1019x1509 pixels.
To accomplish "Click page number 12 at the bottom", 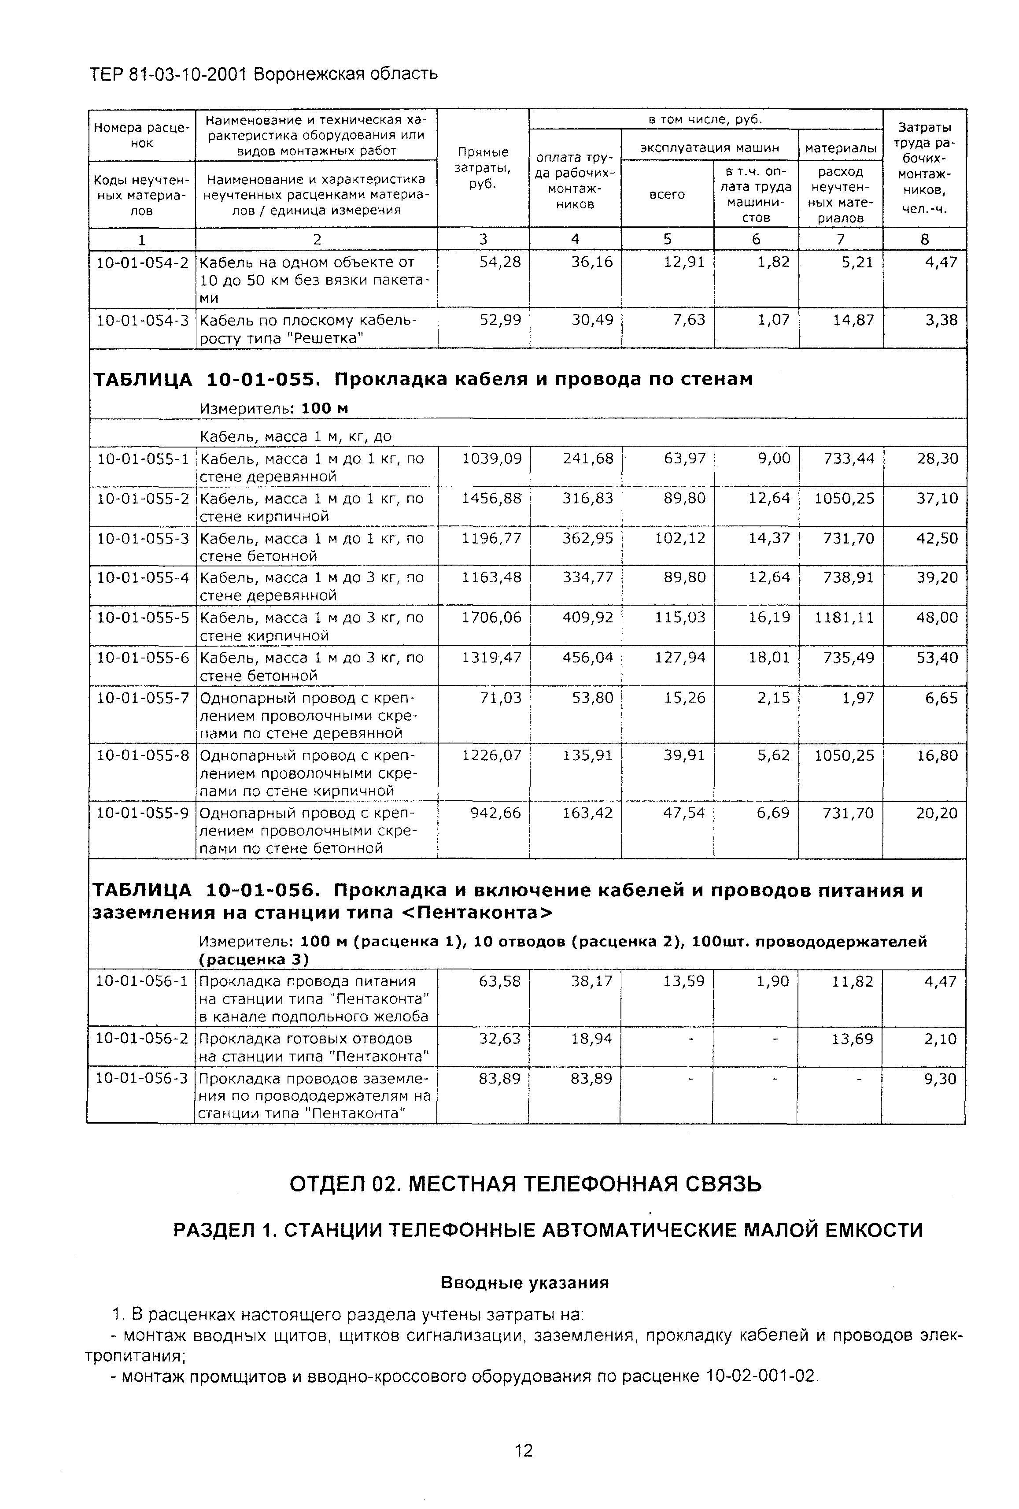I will point(523,1450).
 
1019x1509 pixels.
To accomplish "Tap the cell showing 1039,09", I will point(491,459).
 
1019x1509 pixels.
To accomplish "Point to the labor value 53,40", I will point(937,658).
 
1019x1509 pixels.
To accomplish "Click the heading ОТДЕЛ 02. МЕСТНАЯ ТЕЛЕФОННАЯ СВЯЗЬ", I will point(525,1184).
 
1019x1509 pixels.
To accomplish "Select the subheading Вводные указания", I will point(524,1283).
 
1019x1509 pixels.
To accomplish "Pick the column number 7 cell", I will point(840,239).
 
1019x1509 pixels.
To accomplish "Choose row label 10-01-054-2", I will point(143,263).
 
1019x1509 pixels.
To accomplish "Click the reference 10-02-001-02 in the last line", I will point(759,1376).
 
